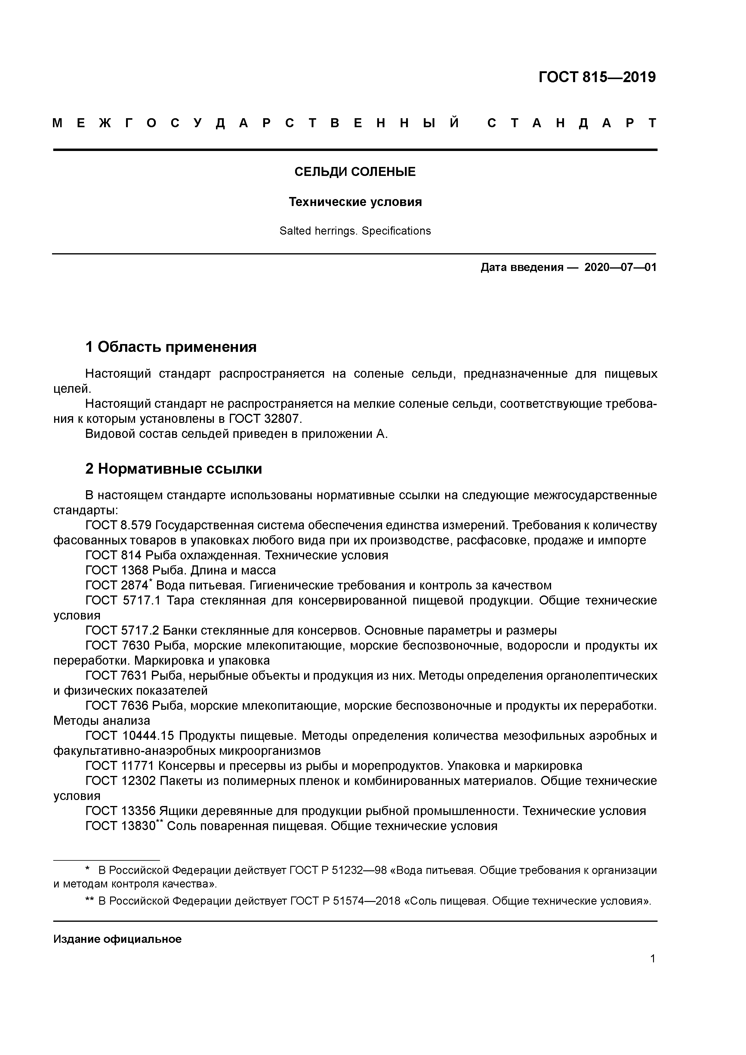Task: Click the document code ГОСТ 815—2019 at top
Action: [596, 77]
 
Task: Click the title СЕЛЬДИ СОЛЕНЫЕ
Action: [355, 172]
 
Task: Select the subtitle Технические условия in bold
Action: [355, 202]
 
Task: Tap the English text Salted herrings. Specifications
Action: [355, 231]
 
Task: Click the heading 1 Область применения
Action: [171, 347]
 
